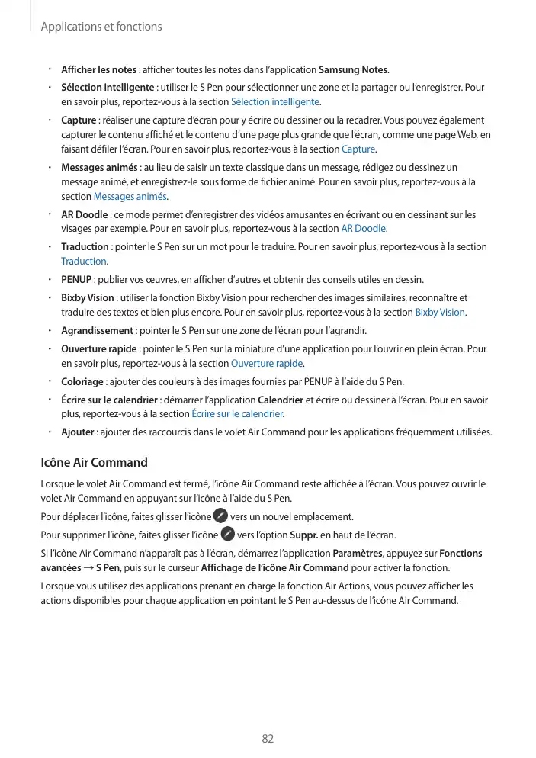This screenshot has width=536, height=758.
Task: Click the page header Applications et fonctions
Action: [101, 27]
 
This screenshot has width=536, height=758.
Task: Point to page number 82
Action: [268, 739]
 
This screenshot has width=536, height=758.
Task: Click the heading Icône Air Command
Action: [94, 462]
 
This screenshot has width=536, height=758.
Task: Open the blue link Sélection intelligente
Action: [275, 101]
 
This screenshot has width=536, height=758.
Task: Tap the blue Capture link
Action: [358, 148]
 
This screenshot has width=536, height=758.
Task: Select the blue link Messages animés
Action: [136, 196]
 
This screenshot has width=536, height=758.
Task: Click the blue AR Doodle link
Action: [364, 228]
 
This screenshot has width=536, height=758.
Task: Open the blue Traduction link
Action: [84, 261]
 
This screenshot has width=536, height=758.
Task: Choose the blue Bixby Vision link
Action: [440, 312]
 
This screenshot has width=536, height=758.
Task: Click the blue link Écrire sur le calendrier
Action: [237, 414]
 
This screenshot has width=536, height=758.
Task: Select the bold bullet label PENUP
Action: [76, 279]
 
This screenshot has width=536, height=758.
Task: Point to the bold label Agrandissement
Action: [97, 330]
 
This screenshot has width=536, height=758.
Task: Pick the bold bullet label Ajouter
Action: [78, 432]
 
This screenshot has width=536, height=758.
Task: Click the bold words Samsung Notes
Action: [353, 70]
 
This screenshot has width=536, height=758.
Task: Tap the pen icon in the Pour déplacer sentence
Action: [220, 516]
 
